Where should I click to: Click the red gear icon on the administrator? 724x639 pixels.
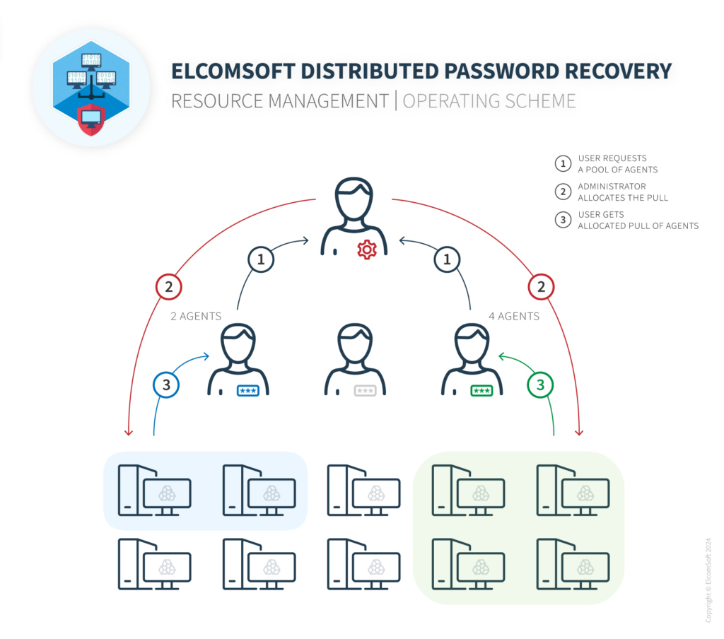(x=366, y=249)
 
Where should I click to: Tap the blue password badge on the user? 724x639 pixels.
(x=247, y=390)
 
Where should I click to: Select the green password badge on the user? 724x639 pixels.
(x=481, y=390)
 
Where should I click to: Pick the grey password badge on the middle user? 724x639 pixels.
(x=365, y=390)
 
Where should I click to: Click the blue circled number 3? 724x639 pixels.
(x=167, y=385)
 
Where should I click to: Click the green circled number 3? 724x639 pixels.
(x=541, y=385)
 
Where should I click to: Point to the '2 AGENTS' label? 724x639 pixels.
(x=196, y=316)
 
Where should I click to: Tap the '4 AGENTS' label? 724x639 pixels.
(x=514, y=316)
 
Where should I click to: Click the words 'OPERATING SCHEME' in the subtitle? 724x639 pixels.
(x=489, y=101)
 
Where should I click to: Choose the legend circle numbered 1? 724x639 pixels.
(x=563, y=164)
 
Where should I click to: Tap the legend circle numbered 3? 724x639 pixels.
(x=563, y=220)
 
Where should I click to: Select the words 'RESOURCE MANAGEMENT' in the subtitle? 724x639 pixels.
(x=280, y=101)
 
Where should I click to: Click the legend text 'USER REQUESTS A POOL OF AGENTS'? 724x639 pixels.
(x=617, y=164)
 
